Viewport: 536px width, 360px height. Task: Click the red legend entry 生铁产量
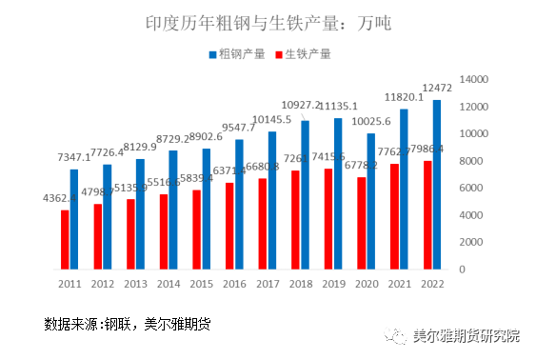pyautogui.click(x=302, y=54)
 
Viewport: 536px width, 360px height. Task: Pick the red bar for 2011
pyautogui.click(x=64, y=239)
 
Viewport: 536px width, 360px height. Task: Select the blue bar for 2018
pyautogui.click(x=305, y=194)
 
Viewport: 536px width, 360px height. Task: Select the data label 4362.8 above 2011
pyautogui.click(x=58, y=198)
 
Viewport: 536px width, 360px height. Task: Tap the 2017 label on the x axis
pyautogui.click(x=268, y=284)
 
